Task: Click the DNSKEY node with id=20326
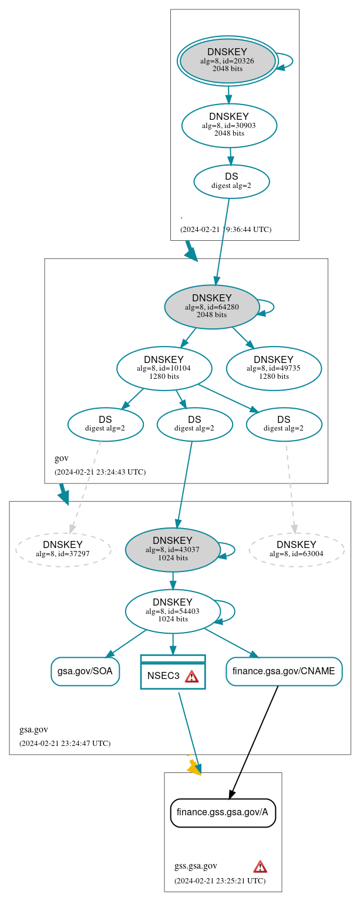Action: pos(228,60)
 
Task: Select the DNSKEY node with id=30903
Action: pos(229,125)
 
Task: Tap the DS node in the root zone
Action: pos(231,181)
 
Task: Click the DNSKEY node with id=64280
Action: pos(212,306)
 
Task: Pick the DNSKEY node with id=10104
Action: pos(164,368)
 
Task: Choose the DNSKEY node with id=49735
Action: pos(274,368)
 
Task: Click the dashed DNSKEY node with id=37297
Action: pos(63,550)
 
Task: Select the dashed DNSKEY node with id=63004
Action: pos(297,550)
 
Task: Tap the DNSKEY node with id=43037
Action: pos(173,549)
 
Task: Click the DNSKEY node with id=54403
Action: pos(173,611)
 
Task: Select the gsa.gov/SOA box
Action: pos(85,671)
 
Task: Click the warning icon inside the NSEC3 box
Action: pos(191,676)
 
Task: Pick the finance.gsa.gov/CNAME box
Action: pos(284,671)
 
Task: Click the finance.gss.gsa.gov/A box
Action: pos(223,812)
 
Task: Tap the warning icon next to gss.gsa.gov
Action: pos(260,866)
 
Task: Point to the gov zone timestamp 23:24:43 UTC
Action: pos(100,472)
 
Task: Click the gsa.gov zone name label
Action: pos(33,729)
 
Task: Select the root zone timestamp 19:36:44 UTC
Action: pos(226,229)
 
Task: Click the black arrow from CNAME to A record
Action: pos(254,741)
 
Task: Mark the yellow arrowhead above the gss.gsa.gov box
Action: pos(193,767)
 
